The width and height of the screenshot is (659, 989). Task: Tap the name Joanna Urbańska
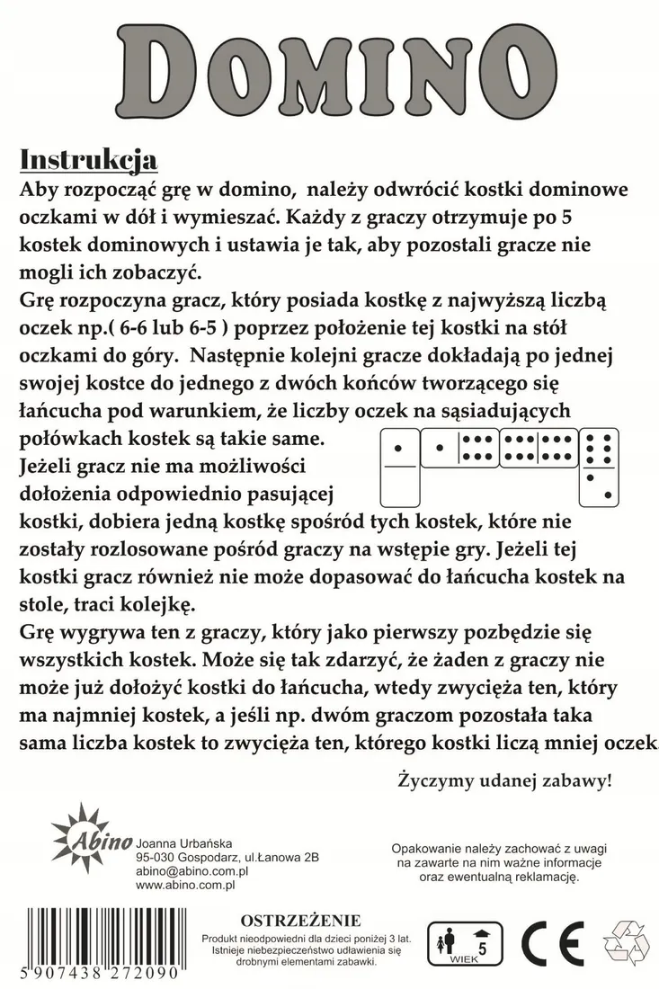(183, 843)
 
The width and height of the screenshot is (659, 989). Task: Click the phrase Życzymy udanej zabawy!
(505, 780)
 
